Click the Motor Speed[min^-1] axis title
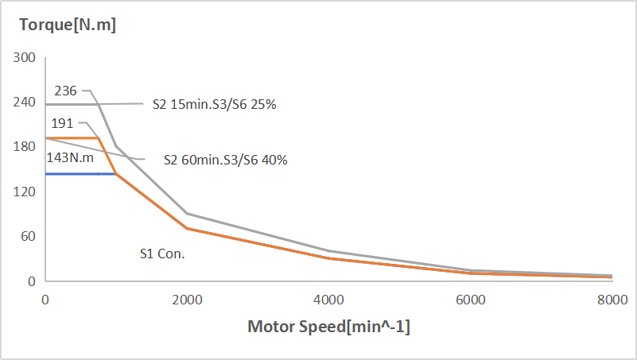coord(329,327)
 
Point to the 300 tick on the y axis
coord(25,58)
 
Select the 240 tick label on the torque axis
coord(25,103)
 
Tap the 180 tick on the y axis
coord(25,147)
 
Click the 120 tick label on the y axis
coord(25,192)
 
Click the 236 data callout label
coord(65,91)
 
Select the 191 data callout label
coord(63,123)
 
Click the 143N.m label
coord(70,157)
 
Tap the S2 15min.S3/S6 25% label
coord(214,104)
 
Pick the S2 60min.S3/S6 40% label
coord(225,159)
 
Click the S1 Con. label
coord(162,254)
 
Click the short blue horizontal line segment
coord(80,173)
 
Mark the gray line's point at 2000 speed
coord(187,214)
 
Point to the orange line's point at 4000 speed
coord(328,258)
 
